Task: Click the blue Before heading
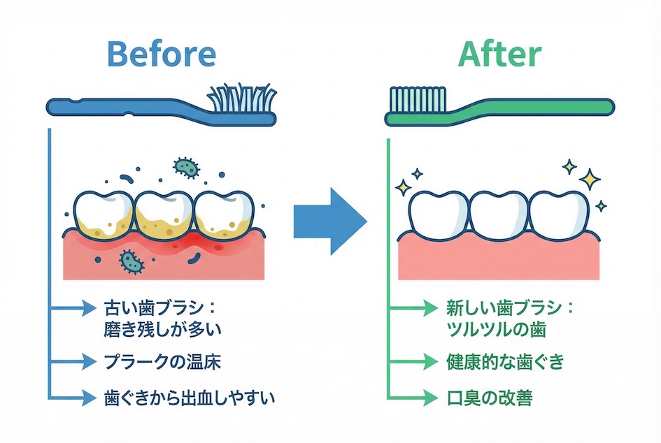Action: point(162,54)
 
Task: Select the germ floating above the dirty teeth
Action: point(185,166)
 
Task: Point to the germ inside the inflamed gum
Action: point(130,261)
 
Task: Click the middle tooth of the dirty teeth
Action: point(162,212)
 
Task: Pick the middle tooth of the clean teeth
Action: point(499,212)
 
